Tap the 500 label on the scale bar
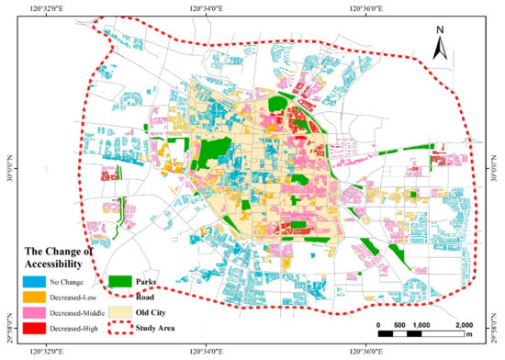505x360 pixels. click(399, 326)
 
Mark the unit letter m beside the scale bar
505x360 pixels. click(470, 336)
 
